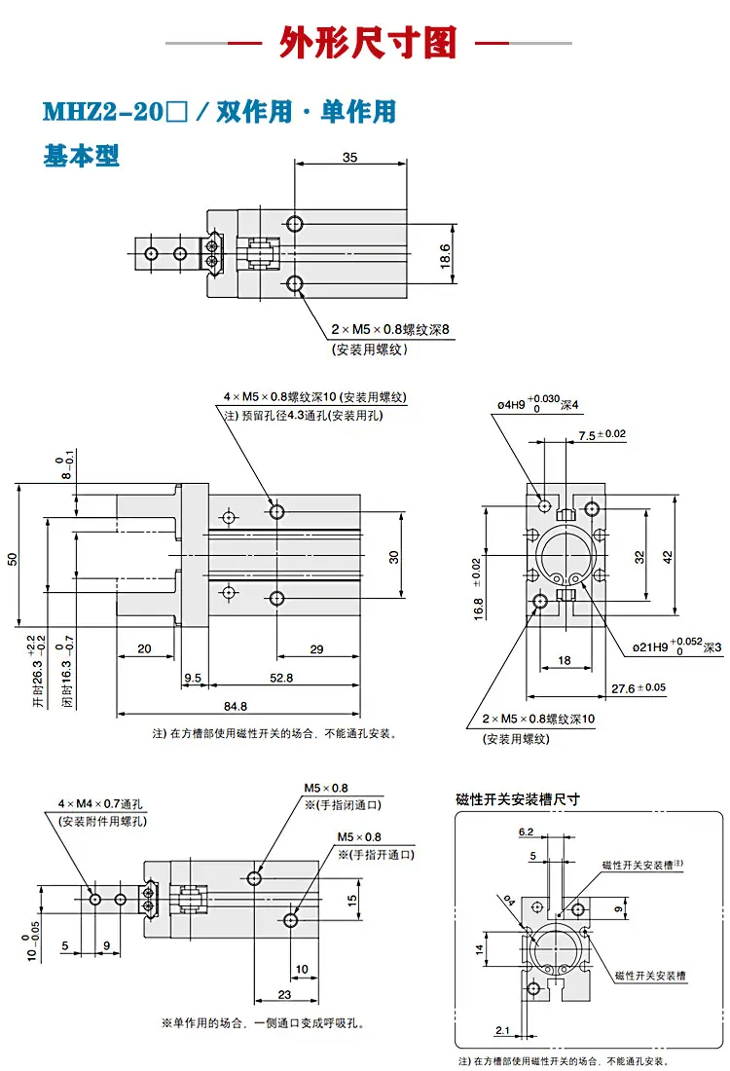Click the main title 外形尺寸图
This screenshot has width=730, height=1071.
368,42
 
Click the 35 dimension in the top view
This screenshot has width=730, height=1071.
349,157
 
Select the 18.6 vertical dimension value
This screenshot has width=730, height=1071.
445,255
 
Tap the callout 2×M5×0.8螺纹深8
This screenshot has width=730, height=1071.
390,329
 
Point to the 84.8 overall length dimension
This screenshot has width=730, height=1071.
236,706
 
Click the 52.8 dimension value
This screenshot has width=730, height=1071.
281,678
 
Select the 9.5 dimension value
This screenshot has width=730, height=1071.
193,678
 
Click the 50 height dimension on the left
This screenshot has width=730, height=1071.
13,559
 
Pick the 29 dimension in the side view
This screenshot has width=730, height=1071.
317,648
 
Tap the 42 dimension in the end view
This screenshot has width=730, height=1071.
667,557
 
